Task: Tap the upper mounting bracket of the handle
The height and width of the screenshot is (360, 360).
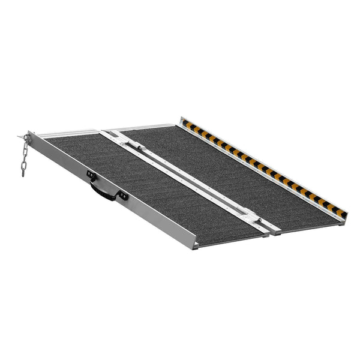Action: [92, 175]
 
